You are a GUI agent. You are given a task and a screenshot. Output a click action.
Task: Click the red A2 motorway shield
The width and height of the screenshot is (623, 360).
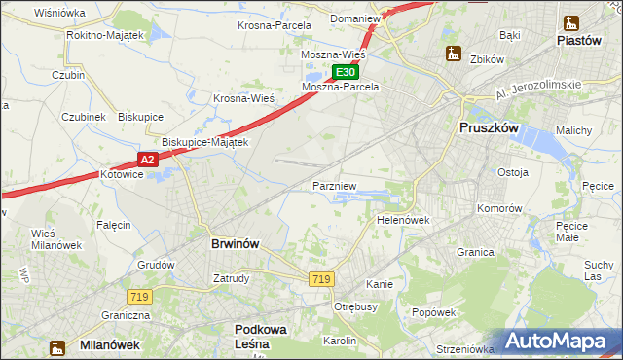pos(146,159)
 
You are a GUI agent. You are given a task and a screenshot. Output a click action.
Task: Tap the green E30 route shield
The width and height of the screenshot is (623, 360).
pos(346,72)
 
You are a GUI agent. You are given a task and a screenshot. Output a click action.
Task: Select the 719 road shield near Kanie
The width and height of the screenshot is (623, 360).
pos(322,279)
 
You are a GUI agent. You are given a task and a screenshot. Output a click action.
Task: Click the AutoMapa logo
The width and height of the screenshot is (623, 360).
pos(558,342)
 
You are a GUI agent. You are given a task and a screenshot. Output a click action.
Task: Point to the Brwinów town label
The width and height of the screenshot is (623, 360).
pos(235,244)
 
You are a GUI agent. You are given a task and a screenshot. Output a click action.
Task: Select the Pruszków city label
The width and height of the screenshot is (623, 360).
pos(492,128)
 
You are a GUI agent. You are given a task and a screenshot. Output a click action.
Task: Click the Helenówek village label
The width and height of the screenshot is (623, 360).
pos(403,220)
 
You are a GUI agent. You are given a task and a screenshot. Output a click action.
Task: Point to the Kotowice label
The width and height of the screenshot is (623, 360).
pos(123,174)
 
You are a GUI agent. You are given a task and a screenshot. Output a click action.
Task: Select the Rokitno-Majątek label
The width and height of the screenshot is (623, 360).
pos(105,35)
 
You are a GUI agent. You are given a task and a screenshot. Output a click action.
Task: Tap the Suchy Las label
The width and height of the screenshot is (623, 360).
pos(598,270)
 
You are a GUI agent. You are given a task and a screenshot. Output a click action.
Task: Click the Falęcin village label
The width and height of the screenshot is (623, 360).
pos(114,225)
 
